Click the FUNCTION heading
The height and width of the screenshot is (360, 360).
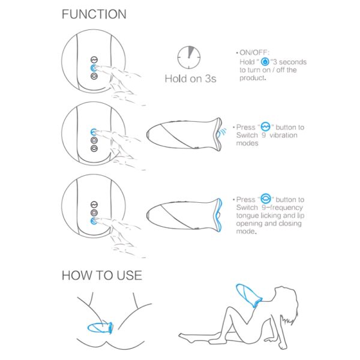(x=94, y=14)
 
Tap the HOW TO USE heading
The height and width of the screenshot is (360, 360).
(x=102, y=275)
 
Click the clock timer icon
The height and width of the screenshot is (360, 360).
(x=189, y=58)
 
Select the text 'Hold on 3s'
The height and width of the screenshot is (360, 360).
(x=191, y=79)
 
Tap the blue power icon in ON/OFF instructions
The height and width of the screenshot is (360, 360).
(x=265, y=62)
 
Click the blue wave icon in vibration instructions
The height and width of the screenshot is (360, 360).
(x=266, y=127)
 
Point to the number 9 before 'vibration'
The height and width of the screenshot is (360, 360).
(x=264, y=135)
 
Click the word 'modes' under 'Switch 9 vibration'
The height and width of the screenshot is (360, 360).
(x=247, y=143)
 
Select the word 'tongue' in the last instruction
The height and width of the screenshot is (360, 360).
(x=247, y=216)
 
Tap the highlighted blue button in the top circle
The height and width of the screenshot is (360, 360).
(x=94, y=68)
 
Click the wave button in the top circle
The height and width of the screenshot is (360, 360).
(x=94, y=59)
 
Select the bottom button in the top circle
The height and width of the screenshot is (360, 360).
(x=94, y=76)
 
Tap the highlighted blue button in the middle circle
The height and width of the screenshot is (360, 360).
(x=94, y=132)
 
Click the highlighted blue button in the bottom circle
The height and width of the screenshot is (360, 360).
(x=94, y=221)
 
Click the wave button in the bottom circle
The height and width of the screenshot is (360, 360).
(x=94, y=205)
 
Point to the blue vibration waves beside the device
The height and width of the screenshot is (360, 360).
(x=222, y=133)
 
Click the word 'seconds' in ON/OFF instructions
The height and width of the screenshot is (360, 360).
(x=293, y=62)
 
